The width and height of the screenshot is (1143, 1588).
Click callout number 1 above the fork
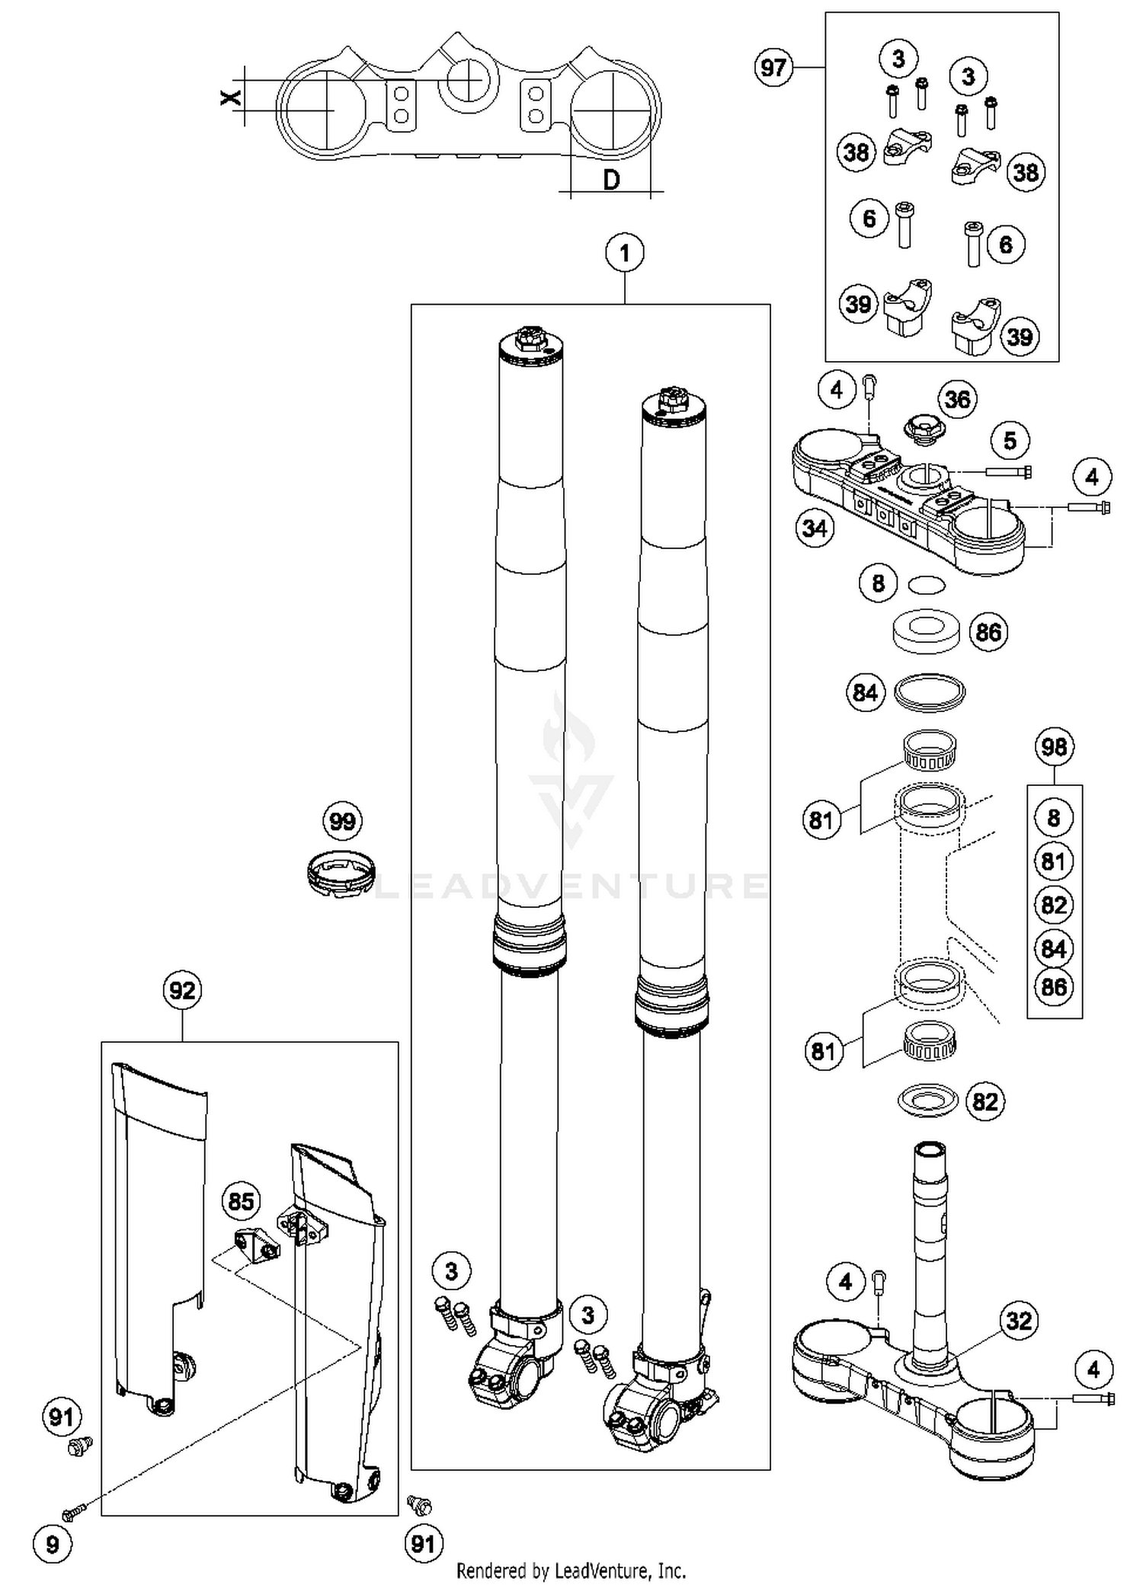click(x=624, y=253)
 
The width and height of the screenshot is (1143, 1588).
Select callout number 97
click(x=773, y=68)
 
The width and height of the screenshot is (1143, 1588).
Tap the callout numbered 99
click(x=342, y=822)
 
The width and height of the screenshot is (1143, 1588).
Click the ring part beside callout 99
click(x=340, y=874)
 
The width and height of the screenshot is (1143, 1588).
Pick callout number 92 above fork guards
click(x=182, y=991)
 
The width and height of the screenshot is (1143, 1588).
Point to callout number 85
click(x=241, y=1201)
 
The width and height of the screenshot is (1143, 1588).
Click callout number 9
click(x=52, y=1544)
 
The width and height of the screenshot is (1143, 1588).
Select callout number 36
click(x=957, y=399)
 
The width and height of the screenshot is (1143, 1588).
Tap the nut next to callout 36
click(x=920, y=429)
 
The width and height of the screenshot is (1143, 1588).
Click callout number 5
click(x=1010, y=440)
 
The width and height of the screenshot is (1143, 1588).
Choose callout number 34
click(x=814, y=528)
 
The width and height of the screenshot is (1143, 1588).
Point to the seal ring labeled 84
click(x=929, y=692)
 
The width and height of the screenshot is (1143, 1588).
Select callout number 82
click(x=985, y=1102)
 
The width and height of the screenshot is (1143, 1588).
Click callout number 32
click(x=1019, y=1320)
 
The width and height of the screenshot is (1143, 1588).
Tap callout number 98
click(x=1054, y=747)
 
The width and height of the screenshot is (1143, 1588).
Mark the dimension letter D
click(x=611, y=180)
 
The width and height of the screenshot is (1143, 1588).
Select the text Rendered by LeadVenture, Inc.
click(x=571, y=1570)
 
